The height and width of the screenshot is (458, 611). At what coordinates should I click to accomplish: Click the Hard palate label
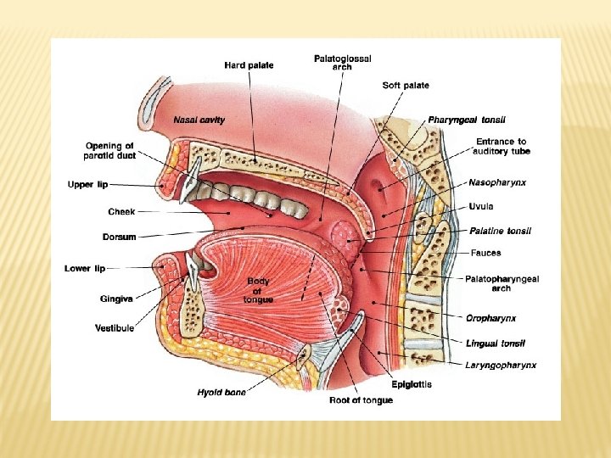[x=249, y=66]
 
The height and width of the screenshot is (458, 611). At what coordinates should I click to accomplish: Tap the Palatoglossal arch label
[x=342, y=63]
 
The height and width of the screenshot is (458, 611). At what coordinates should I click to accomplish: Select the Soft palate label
[x=406, y=86]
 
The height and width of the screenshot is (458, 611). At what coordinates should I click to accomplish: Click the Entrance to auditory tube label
[x=501, y=147]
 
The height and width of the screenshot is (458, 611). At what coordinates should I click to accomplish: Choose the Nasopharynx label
[x=497, y=182]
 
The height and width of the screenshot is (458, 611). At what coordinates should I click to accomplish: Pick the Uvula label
[x=481, y=206]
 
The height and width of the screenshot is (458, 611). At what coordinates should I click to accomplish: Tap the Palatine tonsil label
[x=501, y=231]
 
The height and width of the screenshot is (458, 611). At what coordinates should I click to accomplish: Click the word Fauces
[x=485, y=253]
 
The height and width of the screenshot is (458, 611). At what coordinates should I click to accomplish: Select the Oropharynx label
[x=490, y=318]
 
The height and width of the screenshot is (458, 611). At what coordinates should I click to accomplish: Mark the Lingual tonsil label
[x=496, y=343]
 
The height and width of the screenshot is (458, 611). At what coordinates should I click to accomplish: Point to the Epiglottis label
[x=412, y=384]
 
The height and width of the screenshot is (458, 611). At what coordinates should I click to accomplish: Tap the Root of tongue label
[x=361, y=400]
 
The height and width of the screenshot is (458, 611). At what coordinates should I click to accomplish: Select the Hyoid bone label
[x=221, y=392]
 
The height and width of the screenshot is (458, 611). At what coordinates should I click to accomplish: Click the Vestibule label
[x=114, y=328]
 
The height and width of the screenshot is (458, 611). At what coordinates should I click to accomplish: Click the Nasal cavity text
[x=199, y=120]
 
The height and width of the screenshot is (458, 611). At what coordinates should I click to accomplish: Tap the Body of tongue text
[x=258, y=291]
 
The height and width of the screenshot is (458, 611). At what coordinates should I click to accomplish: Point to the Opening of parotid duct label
[x=109, y=151]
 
